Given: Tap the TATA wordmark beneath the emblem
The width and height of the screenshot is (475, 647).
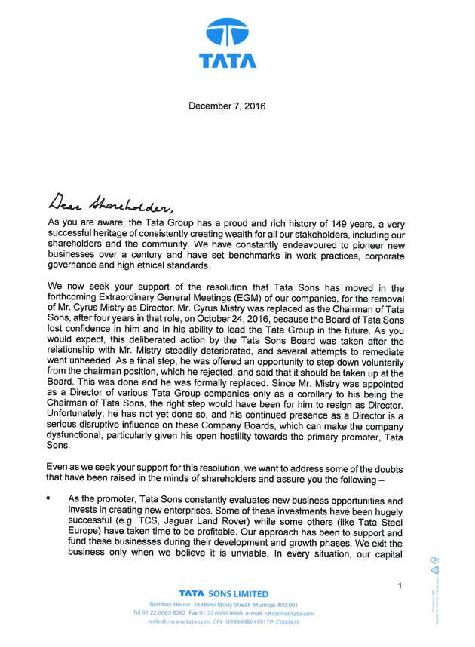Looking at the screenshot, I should (x=228, y=61).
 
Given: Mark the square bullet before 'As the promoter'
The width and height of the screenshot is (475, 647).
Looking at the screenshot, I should (x=48, y=499).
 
